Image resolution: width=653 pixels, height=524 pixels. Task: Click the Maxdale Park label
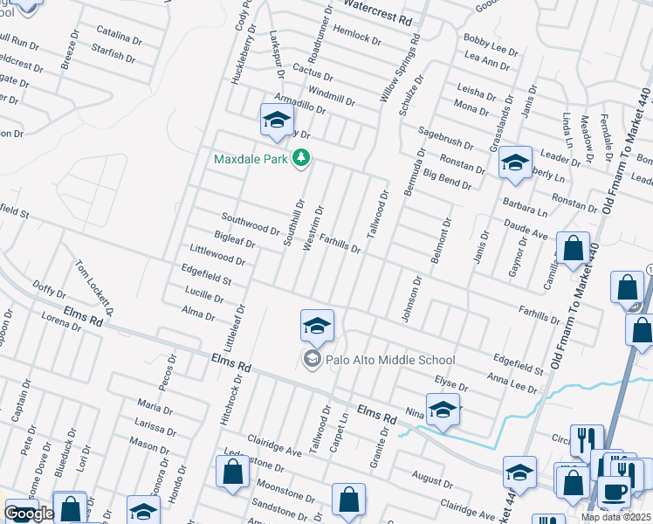point(252,159)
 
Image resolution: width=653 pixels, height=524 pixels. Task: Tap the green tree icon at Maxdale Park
point(301,158)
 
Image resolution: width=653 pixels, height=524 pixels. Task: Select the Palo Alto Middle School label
point(390,359)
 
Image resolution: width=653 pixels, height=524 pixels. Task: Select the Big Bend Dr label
point(447,180)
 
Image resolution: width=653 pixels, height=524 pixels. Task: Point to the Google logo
point(29,514)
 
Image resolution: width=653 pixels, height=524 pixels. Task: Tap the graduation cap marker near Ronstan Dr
point(515,162)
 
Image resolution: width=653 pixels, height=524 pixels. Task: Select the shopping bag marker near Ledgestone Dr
point(233,472)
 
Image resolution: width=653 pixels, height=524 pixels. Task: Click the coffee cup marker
point(613,493)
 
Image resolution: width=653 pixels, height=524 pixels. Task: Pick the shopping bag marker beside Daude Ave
point(573,248)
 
